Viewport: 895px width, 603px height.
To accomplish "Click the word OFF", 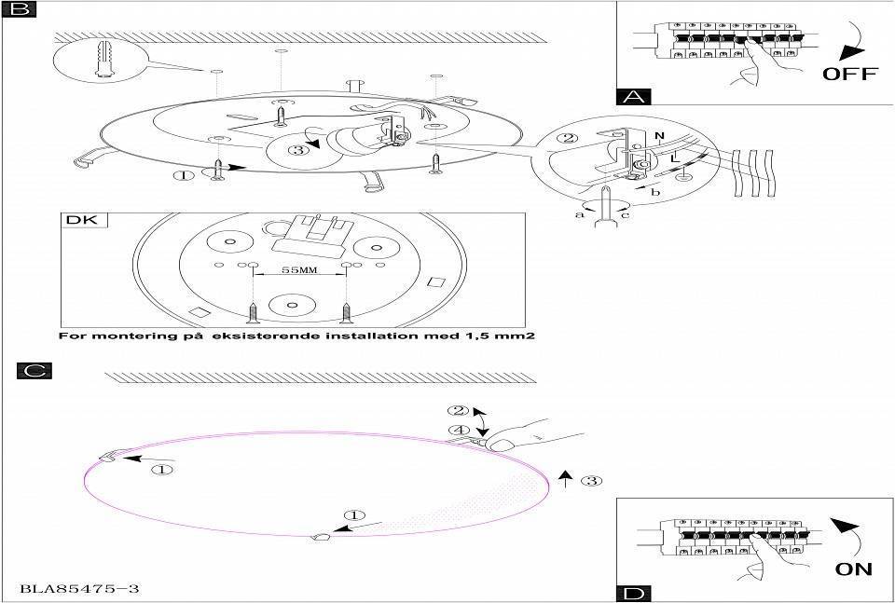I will click(849, 74).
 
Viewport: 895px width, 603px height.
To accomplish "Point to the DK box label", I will click(85, 221).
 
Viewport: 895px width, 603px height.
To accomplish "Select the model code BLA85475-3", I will click(71, 589).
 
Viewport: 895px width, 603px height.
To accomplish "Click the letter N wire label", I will click(659, 136).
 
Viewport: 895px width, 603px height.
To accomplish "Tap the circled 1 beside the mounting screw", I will click(185, 173).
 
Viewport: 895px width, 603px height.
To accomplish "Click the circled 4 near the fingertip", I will click(458, 431).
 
